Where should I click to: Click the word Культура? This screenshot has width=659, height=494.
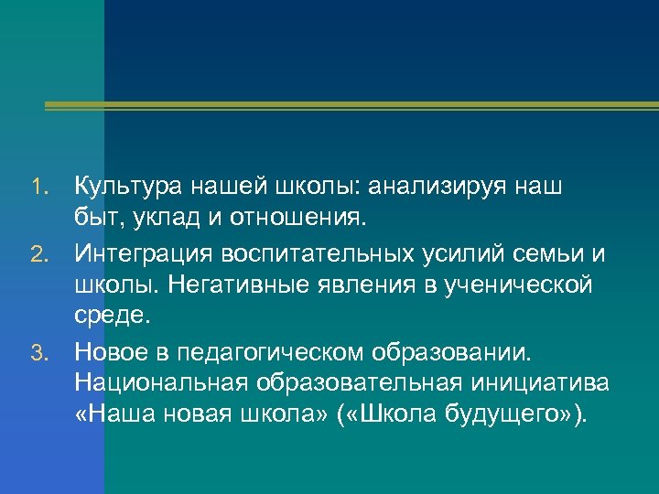click(129, 188)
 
